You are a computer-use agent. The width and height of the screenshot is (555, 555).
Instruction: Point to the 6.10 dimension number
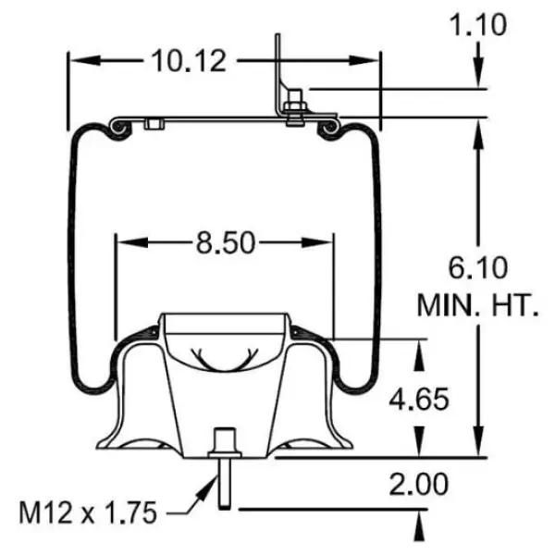pyautogui.click(x=478, y=269)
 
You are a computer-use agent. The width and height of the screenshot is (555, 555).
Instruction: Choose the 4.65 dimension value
pyautogui.click(x=419, y=399)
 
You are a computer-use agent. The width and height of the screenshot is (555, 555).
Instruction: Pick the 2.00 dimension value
pyautogui.click(x=419, y=484)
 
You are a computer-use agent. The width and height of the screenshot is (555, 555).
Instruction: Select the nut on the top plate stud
pyautogui.click(x=294, y=109)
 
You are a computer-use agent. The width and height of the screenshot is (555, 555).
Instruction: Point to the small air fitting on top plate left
pyautogui.click(x=154, y=124)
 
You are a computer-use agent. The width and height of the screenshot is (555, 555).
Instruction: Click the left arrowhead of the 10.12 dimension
pyautogui.click(x=79, y=61)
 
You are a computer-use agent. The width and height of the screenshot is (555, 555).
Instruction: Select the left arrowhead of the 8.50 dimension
pyautogui.click(x=124, y=242)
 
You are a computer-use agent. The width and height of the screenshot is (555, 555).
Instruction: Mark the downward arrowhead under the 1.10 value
pyautogui.click(x=477, y=78)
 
